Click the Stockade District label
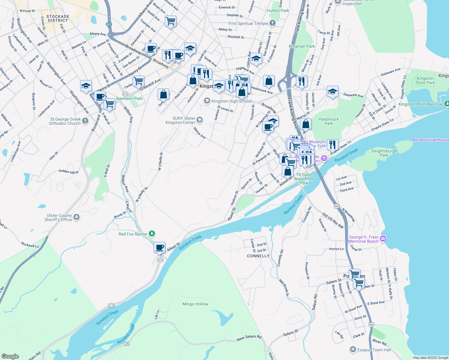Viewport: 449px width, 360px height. (x=58, y=19)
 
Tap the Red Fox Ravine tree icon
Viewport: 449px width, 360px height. (x=152, y=234)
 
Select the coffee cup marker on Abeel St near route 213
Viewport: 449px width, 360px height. (x=160, y=247)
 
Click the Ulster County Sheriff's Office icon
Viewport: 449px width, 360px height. (x=77, y=217)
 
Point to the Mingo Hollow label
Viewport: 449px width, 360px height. (x=195, y=304)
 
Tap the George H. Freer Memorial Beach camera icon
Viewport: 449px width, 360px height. (x=383, y=239)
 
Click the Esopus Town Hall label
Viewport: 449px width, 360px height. (x=374, y=350)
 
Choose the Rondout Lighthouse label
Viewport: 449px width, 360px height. (x=430, y=140)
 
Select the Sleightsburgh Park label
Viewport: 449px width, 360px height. (x=384, y=153)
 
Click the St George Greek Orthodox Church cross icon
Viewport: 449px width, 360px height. (x=85, y=121)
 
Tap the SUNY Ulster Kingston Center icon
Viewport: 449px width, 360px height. (x=200, y=120)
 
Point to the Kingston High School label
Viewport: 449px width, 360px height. (x=231, y=101)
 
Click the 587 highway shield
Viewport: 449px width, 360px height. (x=109, y=25)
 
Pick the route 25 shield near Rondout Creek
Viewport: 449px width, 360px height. (x=127, y=343)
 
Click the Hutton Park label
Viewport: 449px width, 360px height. (x=278, y=10)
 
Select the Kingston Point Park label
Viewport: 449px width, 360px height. (x=425, y=80)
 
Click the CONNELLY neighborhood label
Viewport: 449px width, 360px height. (x=258, y=256)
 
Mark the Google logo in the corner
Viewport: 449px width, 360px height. (x=10, y=356)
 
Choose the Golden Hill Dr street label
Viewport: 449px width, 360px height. (x=68, y=172)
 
